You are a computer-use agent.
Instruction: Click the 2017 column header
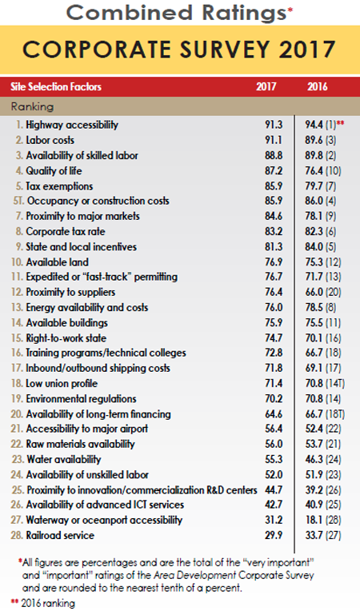coord(266,86)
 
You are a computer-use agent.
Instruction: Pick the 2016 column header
coord(318,86)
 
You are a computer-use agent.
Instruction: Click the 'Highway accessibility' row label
coord(72,125)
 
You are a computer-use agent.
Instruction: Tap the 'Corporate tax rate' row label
coord(66,231)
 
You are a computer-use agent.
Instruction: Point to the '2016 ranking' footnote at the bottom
coord(52,602)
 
